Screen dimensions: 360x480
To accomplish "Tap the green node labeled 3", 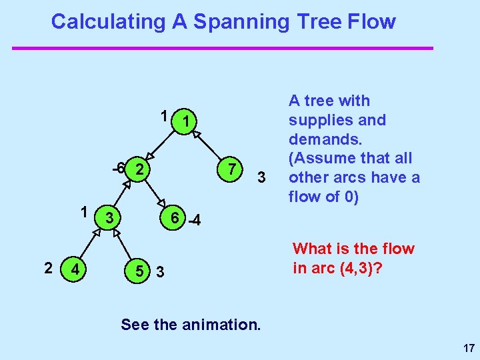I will pyautogui.click(x=112, y=219).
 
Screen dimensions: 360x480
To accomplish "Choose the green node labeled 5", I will pyautogui.click(x=139, y=271).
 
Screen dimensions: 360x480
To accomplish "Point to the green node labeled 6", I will pyautogui.click(x=173, y=219).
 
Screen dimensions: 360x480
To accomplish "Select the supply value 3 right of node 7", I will pyautogui.click(x=262, y=178).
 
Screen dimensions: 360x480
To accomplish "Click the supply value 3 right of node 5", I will pyautogui.click(x=161, y=272).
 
